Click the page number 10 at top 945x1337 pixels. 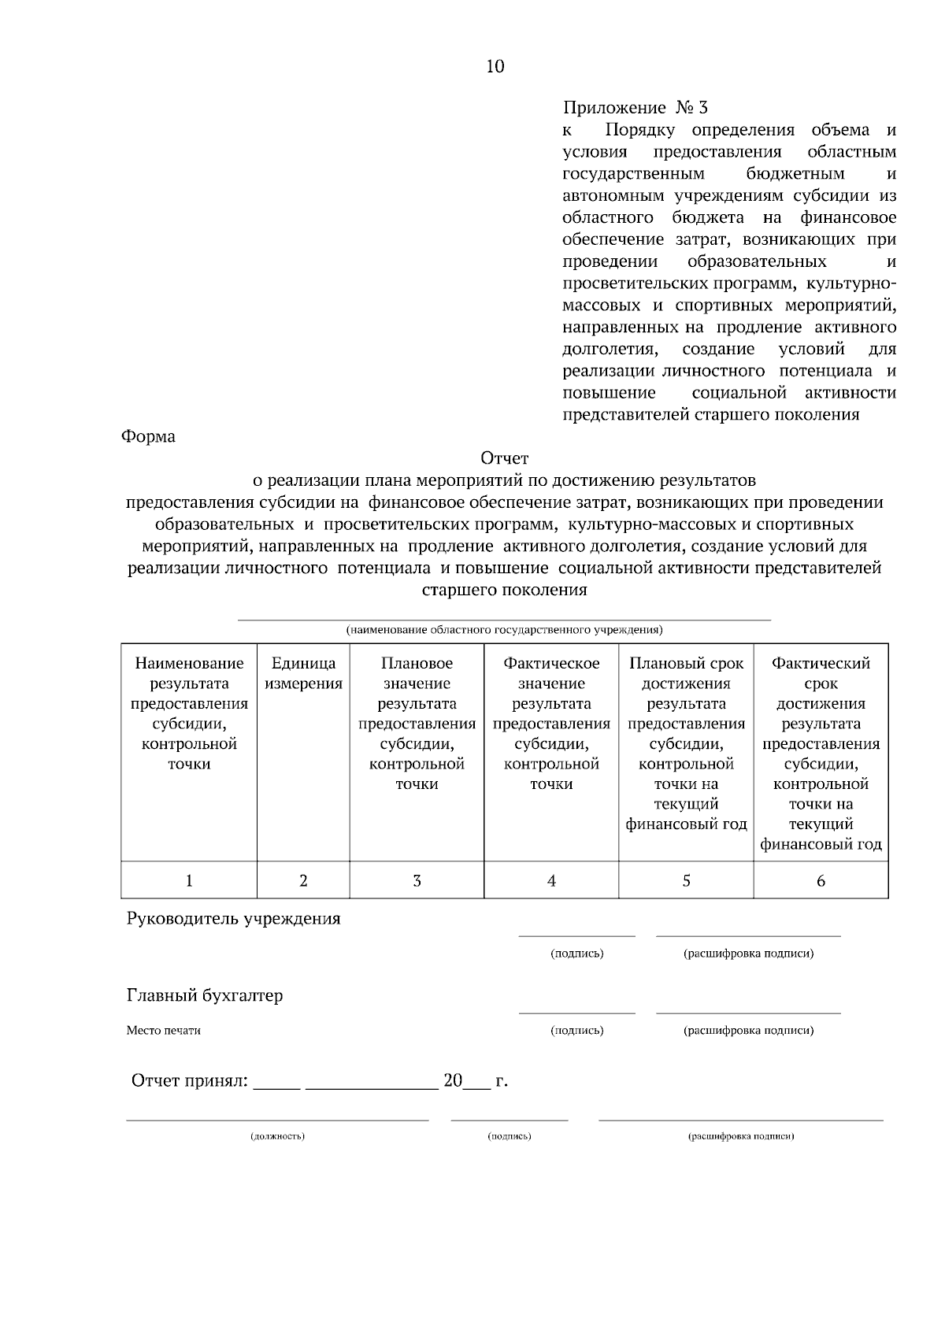tap(495, 67)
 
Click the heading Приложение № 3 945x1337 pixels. tap(636, 107)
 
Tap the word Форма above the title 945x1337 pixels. tap(148, 436)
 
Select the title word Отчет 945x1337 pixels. tap(504, 458)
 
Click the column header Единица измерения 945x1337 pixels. tap(303, 673)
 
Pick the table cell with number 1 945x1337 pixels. tap(189, 881)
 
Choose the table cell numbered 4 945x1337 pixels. tap(551, 881)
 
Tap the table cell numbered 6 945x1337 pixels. tap(821, 881)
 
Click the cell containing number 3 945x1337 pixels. tap(417, 881)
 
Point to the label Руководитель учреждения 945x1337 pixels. tap(234, 919)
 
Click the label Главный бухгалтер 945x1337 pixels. tap(205, 996)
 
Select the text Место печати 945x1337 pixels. tap(164, 1031)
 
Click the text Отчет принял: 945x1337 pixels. tap(189, 1081)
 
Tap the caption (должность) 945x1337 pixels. tap(277, 1136)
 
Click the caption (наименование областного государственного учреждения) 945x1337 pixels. tap(504, 630)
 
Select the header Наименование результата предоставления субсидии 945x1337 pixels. tap(189, 713)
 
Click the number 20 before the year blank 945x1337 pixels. tap(453, 1081)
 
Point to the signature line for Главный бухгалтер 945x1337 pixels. tap(576, 1013)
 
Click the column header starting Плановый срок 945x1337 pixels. tap(686, 744)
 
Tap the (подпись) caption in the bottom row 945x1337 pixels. tap(510, 1136)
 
